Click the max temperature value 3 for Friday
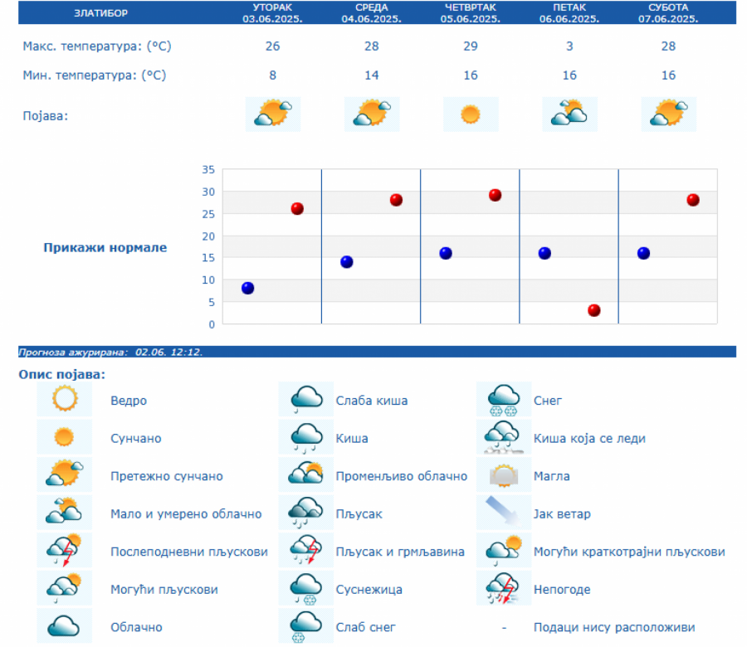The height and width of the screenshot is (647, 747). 569,46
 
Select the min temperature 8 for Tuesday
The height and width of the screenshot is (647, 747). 272,75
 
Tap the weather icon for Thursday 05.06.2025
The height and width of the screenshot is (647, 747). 471,114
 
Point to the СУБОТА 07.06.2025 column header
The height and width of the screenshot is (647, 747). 668,12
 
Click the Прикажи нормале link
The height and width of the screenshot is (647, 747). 105,247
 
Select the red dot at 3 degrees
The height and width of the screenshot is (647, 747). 594,310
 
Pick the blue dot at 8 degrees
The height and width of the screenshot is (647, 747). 247,288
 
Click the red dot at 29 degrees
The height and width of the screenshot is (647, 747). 495,195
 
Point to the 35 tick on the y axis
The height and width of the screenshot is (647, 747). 207,170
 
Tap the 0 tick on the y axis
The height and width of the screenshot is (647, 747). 212,324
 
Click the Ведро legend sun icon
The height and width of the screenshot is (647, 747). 64,401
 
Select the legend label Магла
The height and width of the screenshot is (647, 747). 551,477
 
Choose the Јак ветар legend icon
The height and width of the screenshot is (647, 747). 503,513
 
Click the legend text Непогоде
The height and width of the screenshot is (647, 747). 562,590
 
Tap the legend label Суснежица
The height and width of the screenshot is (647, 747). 369,590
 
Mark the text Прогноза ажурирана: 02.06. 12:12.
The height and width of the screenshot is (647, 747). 110,352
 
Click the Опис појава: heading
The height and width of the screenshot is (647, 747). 62,375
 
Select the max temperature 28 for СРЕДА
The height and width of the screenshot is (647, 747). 371,46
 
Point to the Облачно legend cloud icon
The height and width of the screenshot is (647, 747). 64,627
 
